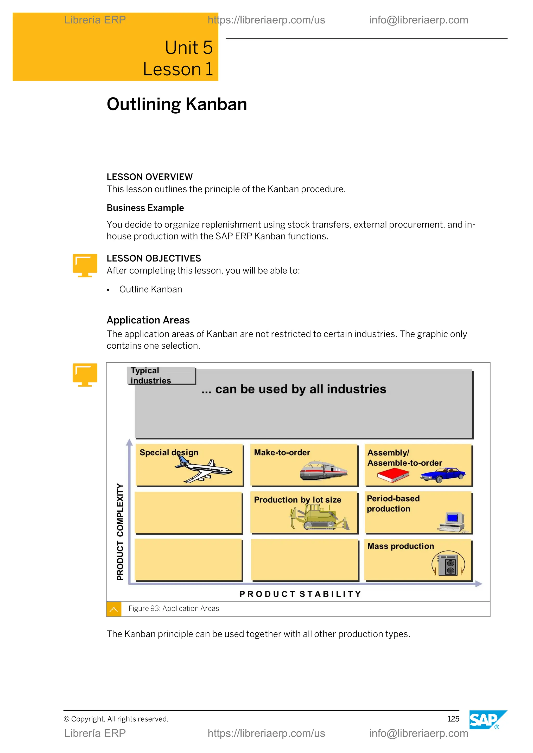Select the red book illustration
point(393,475)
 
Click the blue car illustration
point(443,475)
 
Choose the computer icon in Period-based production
point(453,522)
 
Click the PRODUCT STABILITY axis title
point(300,594)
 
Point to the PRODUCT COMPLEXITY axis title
point(120,532)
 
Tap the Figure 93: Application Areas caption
point(174,608)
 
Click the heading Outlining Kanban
point(176,104)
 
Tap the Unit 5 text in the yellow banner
point(188,48)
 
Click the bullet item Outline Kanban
point(150,289)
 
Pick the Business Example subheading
point(145,208)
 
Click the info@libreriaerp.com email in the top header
point(418,20)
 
